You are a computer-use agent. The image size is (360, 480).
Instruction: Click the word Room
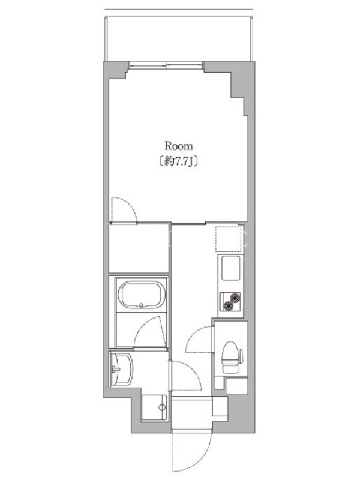tap(179, 146)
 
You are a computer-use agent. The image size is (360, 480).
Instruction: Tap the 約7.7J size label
tap(179, 161)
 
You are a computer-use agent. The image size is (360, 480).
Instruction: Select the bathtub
tap(142, 295)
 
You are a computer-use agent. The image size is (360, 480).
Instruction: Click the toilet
tap(232, 357)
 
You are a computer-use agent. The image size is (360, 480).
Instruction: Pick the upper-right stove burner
tap(235, 297)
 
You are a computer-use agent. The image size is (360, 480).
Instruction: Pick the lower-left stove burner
tap(229, 305)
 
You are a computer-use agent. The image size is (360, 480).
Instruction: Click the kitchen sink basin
tap(230, 268)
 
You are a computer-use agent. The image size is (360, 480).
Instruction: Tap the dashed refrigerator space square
tap(228, 239)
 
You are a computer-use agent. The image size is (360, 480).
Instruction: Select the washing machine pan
tap(154, 407)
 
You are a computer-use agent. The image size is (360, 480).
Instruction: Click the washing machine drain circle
tap(162, 407)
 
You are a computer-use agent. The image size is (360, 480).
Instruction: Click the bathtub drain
tap(141, 305)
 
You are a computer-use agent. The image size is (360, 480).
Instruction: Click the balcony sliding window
tap(166, 65)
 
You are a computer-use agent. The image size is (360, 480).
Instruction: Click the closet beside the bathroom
tap(139, 248)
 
